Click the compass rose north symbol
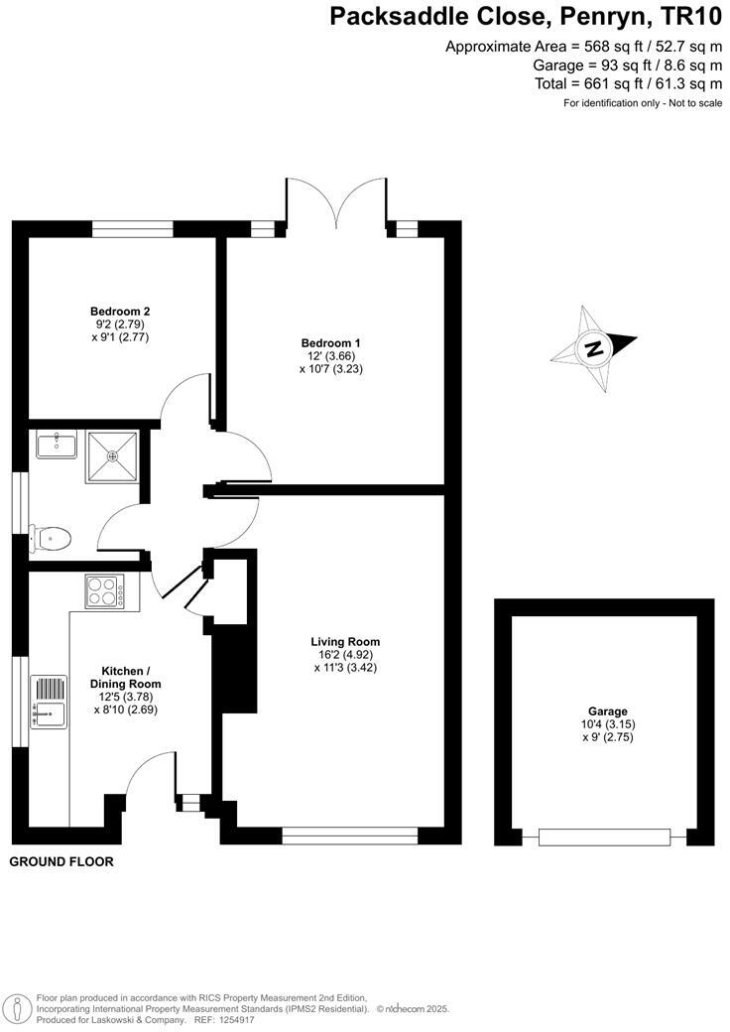(x=593, y=348)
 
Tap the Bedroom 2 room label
(x=119, y=311)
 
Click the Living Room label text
(x=345, y=642)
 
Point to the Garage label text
(x=608, y=711)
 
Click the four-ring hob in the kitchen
(x=104, y=592)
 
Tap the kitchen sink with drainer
(x=49, y=703)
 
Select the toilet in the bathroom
(x=51, y=538)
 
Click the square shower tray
(x=111, y=455)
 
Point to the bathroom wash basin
(x=58, y=444)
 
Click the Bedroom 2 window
(x=133, y=229)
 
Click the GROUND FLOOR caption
(x=61, y=861)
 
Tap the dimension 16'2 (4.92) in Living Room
(x=345, y=655)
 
